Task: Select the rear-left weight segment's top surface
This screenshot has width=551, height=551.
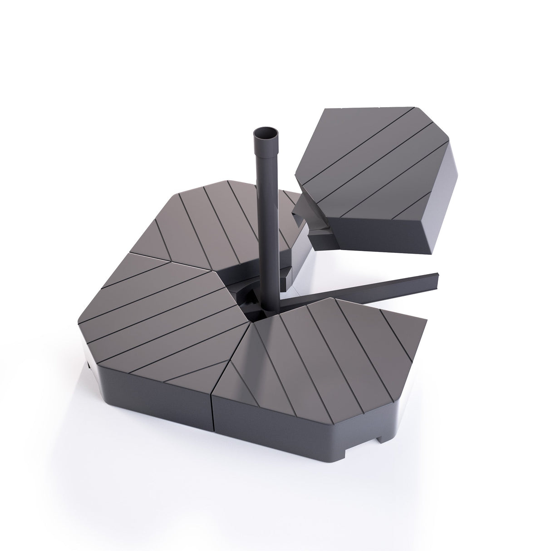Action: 218,218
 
